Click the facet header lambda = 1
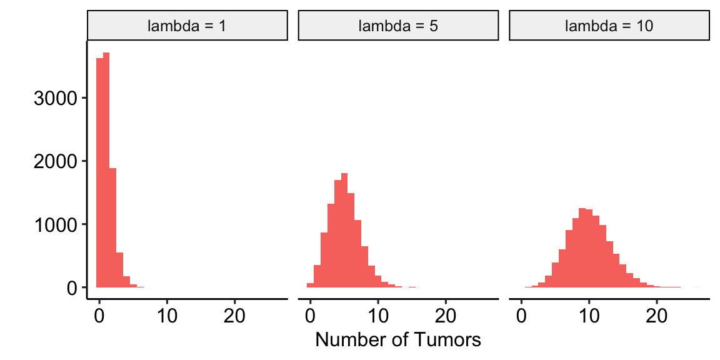(x=187, y=26)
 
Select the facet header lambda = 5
(x=398, y=26)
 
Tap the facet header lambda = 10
(x=609, y=26)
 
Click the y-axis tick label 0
(x=72, y=287)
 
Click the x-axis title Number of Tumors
(x=398, y=340)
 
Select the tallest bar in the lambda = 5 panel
(x=344, y=231)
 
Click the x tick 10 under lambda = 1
(x=167, y=314)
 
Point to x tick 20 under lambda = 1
(x=234, y=314)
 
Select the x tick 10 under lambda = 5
(x=378, y=314)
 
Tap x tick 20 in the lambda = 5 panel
(x=446, y=314)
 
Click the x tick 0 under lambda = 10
(x=521, y=314)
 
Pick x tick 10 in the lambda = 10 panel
(x=589, y=314)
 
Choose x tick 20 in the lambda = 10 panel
(x=656, y=314)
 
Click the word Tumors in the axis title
(x=449, y=340)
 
